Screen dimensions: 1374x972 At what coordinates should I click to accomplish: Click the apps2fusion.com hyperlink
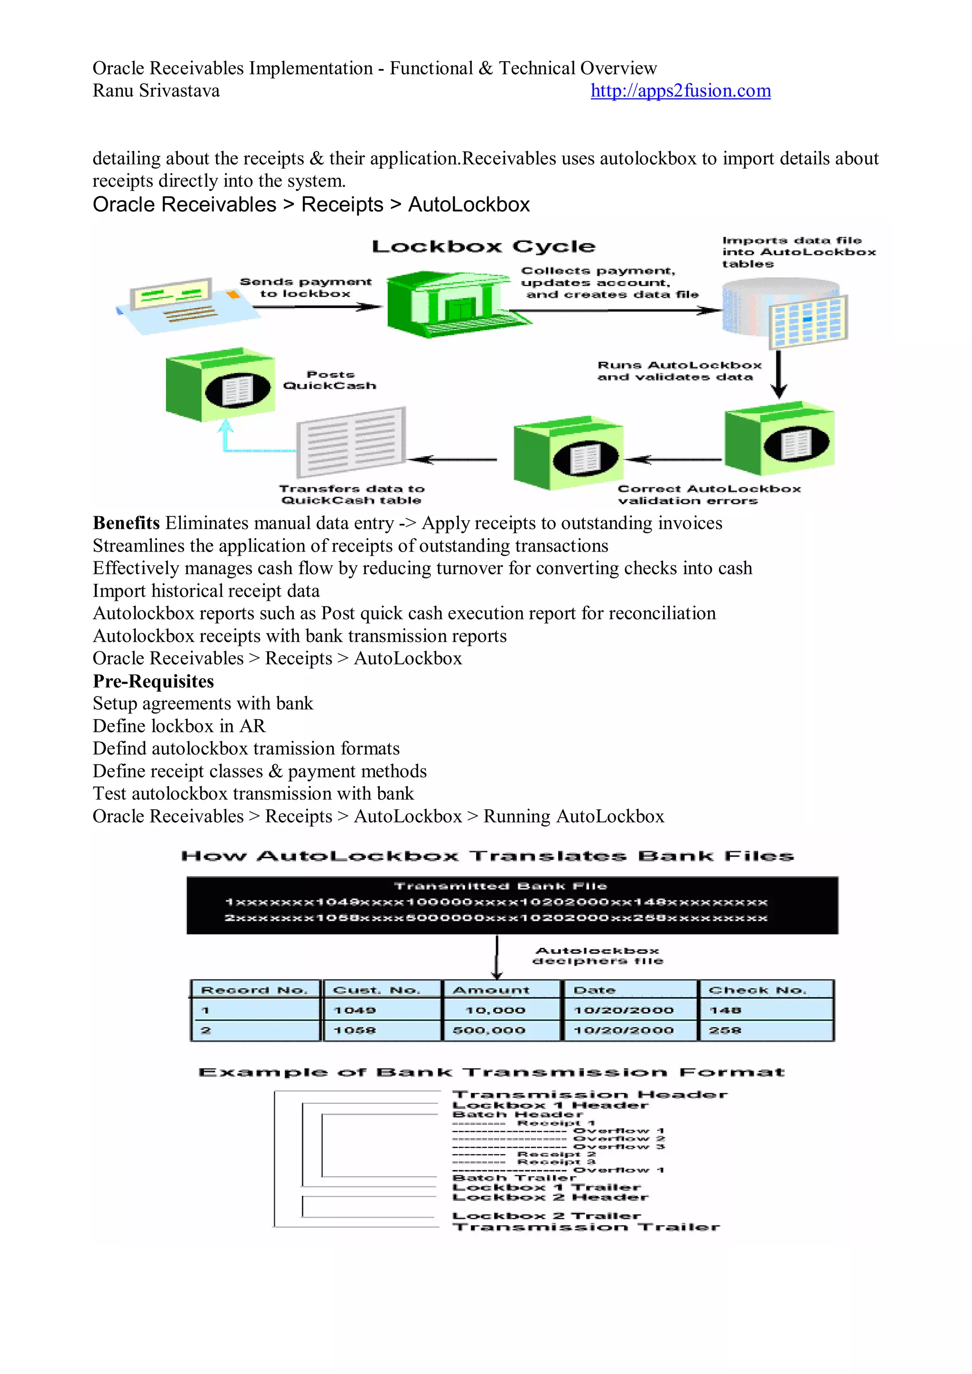point(680,91)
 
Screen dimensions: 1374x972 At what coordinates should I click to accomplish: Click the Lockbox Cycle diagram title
point(483,246)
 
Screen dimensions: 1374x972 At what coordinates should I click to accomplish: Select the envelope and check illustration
point(179,306)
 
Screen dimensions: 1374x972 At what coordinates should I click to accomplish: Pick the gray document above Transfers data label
point(351,442)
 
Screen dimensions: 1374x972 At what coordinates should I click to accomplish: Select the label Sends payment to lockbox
point(305,288)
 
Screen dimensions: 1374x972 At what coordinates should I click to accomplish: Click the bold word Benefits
point(126,523)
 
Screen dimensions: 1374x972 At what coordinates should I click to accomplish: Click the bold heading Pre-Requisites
point(153,681)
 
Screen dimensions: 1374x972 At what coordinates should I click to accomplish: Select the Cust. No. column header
point(376,991)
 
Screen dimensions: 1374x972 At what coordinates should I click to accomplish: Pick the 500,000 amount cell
point(489,1030)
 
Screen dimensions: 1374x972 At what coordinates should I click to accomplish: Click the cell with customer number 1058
point(355,1030)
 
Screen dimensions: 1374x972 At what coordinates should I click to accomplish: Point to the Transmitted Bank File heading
point(500,886)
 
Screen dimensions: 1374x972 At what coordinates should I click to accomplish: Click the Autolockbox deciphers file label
point(598,956)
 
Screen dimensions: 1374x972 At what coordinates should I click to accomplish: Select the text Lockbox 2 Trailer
point(546,1216)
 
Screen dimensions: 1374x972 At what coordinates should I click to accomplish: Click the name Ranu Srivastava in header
point(156,91)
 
